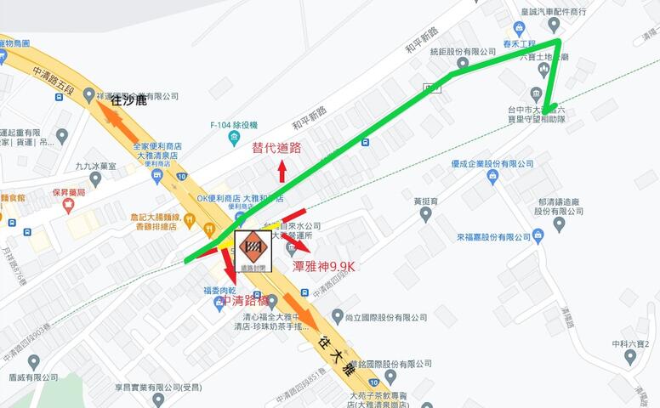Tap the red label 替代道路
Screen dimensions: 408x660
click(x=276, y=147)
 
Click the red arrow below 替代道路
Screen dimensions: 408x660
click(x=282, y=170)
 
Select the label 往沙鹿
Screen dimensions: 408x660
click(x=128, y=100)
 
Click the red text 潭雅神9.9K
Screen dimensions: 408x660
click(x=323, y=266)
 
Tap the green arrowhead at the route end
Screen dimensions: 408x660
click(x=550, y=109)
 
